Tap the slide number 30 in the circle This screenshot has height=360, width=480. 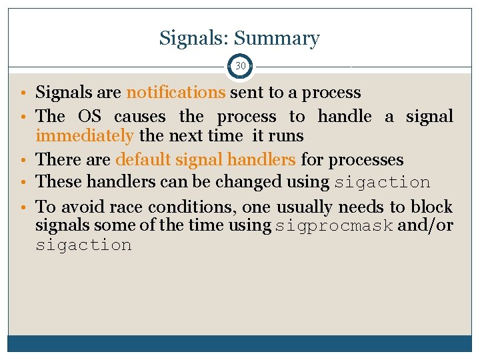click(x=240, y=66)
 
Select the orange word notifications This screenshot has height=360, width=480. click(x=176, y=92)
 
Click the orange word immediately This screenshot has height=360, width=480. click(x=85, y=136)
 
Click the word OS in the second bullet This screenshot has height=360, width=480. click(x=89, y=117)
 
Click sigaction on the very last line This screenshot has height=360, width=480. click(x=83, y=245)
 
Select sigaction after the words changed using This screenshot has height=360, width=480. click(x=382, y=182)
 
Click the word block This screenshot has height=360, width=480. click(x=431, y=207)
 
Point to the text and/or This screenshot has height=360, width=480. click(x=425, y=225)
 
